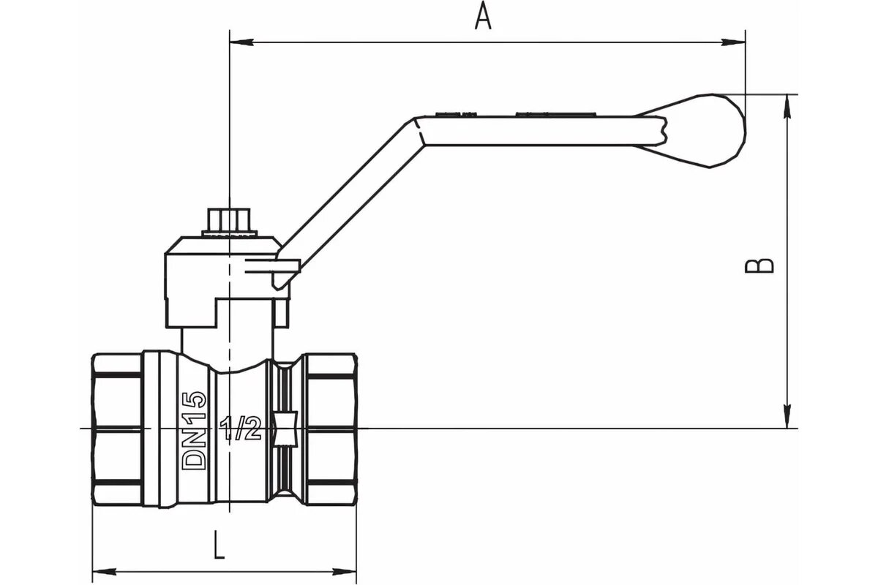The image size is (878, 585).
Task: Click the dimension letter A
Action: point(482,16)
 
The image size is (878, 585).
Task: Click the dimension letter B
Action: point(759,265)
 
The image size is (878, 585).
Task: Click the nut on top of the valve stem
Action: point(230,220)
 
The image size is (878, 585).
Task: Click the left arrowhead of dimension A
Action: point(239,42)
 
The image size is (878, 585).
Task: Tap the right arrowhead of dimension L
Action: point(353,570)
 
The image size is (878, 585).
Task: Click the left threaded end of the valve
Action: point(117,428)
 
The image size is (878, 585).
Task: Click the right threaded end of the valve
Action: point(333,428)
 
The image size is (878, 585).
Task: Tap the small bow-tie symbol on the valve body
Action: point(285,429)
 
